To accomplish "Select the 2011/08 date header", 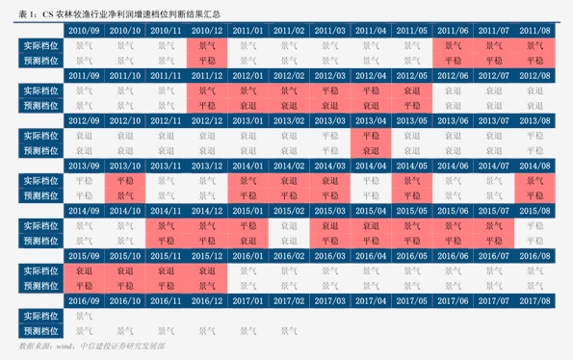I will [x=534, y=31].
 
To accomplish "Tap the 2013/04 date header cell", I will [x=371, y=121].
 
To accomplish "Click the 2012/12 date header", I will [x=207, y=121].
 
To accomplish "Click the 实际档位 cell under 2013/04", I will [x=371, y=136].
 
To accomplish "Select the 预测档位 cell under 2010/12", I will [x=207, y=60].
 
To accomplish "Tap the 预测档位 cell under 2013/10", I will [x=125, y=195].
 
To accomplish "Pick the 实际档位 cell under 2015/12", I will [x=207, y=271].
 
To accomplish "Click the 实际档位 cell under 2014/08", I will [x=534, y=181].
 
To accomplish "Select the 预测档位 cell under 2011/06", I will [x=453, y=60].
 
